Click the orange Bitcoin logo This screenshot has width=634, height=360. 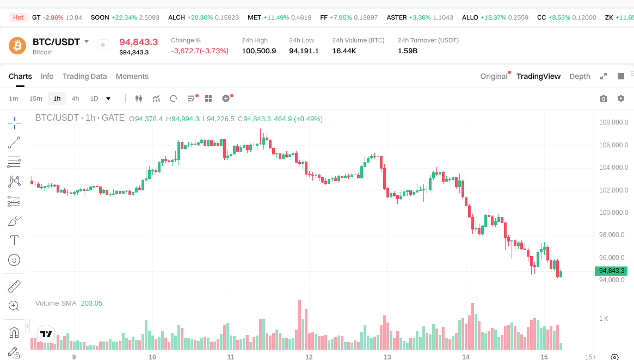[17, 46]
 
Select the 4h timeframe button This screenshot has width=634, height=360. [75, 98]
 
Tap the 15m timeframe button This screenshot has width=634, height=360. [35, 98]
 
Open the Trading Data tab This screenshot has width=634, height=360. [84, 76]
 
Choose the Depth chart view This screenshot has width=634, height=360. [580, 76]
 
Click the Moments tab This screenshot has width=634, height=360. [132, 76]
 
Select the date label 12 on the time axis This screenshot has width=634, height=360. [309, 357]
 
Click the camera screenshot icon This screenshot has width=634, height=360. [604, 98]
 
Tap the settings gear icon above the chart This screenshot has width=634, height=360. [621, 98]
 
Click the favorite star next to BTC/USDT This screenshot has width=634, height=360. [103, 45]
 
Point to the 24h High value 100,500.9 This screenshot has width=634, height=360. [258, 51]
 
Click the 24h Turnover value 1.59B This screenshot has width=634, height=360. [408, 51]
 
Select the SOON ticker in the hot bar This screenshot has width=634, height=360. [100, 17]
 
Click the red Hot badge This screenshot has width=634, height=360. [18, 17]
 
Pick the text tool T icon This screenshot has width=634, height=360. [14, 240]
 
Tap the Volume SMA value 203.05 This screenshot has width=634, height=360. [91, 303]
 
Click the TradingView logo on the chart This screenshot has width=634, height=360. [46, 334]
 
